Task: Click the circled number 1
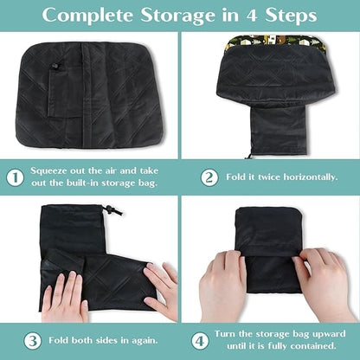(15, 177)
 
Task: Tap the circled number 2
(209, 177)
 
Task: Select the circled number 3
(32, 341)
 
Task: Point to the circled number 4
(200, 341)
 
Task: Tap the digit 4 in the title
(252, 16)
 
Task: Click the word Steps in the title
(291, 16)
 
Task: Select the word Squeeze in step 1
(48, 171)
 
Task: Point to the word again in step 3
(145, 341)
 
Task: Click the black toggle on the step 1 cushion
(55, 67)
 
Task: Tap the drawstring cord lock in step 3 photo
(109, 209)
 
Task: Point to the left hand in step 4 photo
(222, 285)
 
